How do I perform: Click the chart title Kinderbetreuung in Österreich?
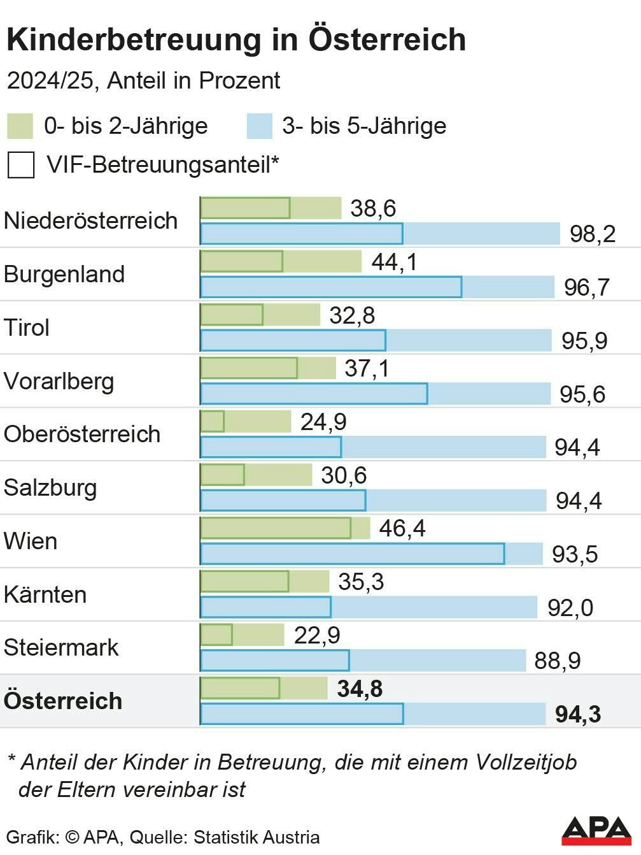coord(236,40)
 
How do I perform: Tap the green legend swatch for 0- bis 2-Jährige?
coord(20,126)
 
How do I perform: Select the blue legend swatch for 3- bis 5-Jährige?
coord(259,126)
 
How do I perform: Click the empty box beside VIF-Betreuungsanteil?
coord(21,165)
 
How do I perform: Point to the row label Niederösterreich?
coord(90,220)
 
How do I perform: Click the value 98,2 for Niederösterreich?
coord(592,234)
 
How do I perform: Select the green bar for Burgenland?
coord(280,261)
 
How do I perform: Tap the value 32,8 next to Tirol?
coord(352,315)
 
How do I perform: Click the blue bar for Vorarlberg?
coord(375,394)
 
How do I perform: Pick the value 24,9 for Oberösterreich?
coord(323,422)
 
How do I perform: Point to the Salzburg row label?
coord(50,487)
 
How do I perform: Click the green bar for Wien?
coord(285,528)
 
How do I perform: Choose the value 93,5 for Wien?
coord(574,554)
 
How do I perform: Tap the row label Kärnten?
coord(45,594)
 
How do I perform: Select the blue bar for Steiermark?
coord(363,661)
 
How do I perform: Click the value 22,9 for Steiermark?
coord(316,635)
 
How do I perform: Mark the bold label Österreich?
coord(63,701)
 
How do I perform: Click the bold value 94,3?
coord(577,714)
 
